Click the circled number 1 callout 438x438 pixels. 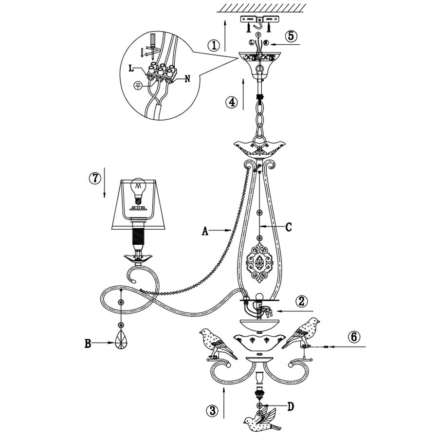pos(214,45)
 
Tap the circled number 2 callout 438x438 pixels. pos(302,301)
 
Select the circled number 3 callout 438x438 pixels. pos(212,410)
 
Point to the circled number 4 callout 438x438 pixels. pos(231,102)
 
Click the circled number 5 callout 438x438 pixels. pos(291,36)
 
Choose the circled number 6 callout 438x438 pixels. pos(354,337)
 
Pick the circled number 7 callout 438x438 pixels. pos(94,178)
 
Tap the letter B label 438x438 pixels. pos(88,344)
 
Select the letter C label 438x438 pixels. pos(288,227)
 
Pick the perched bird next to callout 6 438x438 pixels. pos(302,333)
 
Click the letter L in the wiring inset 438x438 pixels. pos(131,69)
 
